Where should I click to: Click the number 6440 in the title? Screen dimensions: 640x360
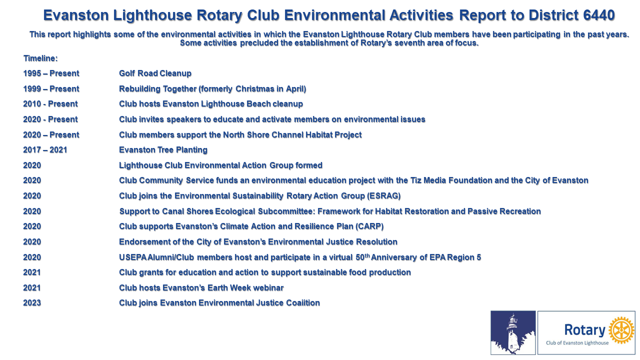(x=599, y=15)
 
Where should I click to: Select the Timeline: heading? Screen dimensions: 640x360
(x=40, y=58)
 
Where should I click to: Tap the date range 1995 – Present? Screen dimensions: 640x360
(x=51, y=73)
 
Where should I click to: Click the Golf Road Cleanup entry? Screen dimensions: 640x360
(x=155, y=73)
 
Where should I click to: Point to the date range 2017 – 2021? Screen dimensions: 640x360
(x=45, y=150)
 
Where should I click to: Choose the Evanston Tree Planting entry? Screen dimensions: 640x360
(x=163, y=150)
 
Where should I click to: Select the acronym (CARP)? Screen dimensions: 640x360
(x=369, y=226)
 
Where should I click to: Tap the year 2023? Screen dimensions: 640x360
(x=32, y=303)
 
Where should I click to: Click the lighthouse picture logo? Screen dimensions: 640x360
(x=513, y=332)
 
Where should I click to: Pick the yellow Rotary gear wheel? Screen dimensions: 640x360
(x=621, y=330)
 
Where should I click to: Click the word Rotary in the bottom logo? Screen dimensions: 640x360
(x=585, y=330)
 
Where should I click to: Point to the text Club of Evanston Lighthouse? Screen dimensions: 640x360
(x=577, y=343)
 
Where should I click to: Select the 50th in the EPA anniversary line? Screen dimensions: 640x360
(x=363, y=257)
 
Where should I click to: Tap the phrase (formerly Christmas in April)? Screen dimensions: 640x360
(x=252, y=89)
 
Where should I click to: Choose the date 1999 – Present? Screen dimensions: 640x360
(x=51, y=89)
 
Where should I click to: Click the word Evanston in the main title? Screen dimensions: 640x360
(x=76, y=15)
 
